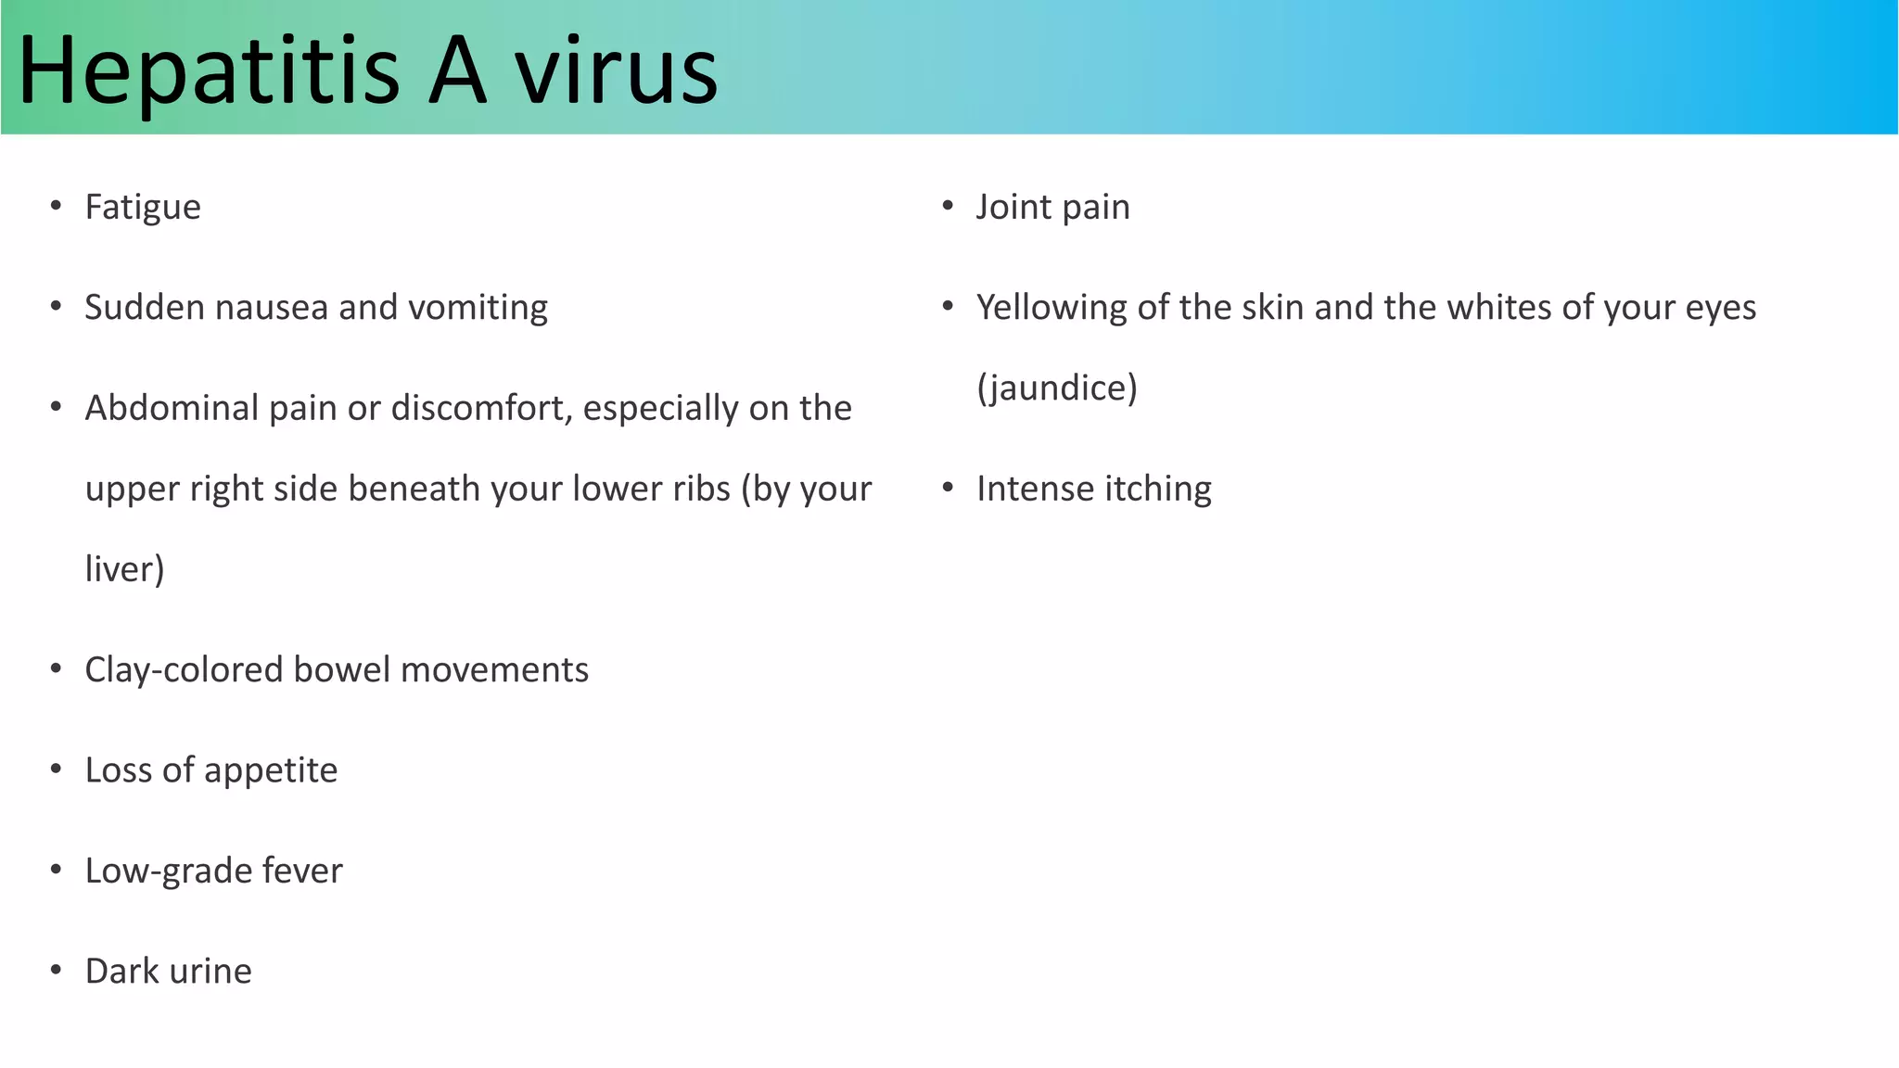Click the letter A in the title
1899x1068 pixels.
(457, 70)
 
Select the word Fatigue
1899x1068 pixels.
(143, 208)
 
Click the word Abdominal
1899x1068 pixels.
(172, 408)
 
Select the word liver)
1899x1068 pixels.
(124, 569)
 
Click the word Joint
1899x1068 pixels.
(1013, 208)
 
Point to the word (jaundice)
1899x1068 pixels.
(1057, 388)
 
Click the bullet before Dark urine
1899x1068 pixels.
(57, 971)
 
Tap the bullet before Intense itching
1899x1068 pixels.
(948, 488)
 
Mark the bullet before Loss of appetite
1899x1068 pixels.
(57, 769)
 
